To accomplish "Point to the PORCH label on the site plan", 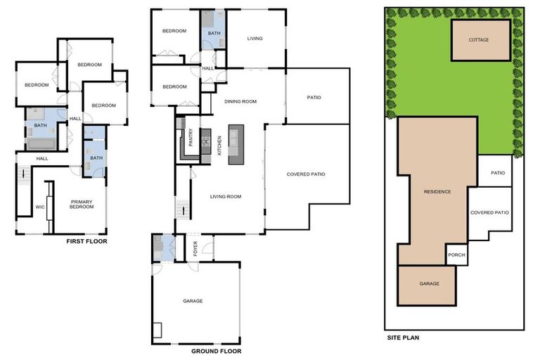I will point(456,255).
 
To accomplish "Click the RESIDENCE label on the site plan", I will point(437,191).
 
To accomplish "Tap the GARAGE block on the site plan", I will point(429,283).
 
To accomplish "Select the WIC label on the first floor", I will point(40,207).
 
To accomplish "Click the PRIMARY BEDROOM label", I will point(82,205).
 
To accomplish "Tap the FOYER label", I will point(195,247).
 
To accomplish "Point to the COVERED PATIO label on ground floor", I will point(306,174).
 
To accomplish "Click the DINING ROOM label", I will point(240,101).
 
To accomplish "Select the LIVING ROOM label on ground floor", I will point(226,196).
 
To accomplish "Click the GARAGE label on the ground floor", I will point(193,301).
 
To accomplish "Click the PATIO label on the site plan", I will point(498,173).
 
